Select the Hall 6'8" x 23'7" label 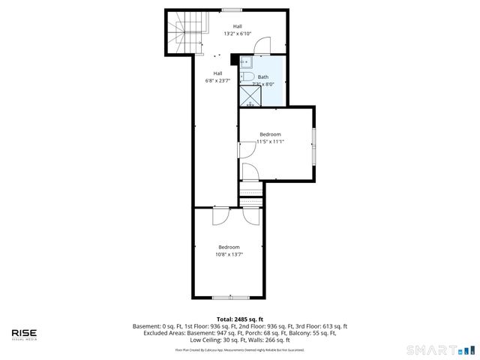tap(217, 77)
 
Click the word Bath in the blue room tap(263, 76)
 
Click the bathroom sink tap(245, 64)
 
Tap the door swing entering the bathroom tap(259, 46)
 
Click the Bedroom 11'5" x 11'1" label tap(270, 138)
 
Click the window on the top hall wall tap(231, 10)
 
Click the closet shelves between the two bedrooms tap(252, 193)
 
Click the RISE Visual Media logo tap(24, 334)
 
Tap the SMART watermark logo tap(440, 349)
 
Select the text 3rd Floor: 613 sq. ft tap(319, 326)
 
